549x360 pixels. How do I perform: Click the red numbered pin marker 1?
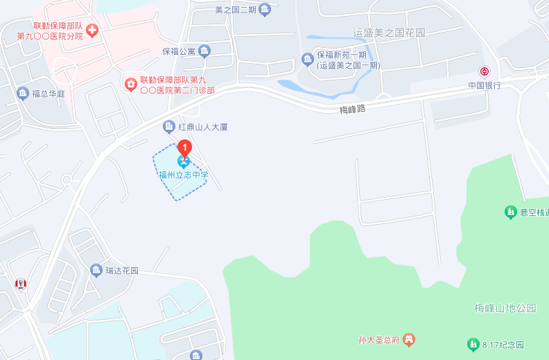[x=184, y=147]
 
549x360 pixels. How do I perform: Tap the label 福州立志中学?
[x=183, y=175]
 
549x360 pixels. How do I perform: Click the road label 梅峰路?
[x=352, y=109]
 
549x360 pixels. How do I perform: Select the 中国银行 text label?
[x=484, y=85]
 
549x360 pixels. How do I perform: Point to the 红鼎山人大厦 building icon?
[x=168, y=126]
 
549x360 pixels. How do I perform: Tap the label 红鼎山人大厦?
[x=203, y=127]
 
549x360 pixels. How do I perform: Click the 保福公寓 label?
[x=179, y=51]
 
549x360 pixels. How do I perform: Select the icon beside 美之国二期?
[x=264, y=9]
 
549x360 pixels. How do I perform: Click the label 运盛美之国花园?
[x=389, y=33]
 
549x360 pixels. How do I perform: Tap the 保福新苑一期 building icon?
[x=307, y=58]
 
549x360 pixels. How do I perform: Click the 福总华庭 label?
[x=49, y=93]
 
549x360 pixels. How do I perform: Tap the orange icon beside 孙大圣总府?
[x=410, y=339]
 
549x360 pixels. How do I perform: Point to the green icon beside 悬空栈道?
[x=510, y=212]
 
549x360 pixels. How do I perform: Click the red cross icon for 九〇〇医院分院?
[x=91, y=30]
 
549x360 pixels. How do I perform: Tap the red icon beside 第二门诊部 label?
[x=130, y=84]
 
